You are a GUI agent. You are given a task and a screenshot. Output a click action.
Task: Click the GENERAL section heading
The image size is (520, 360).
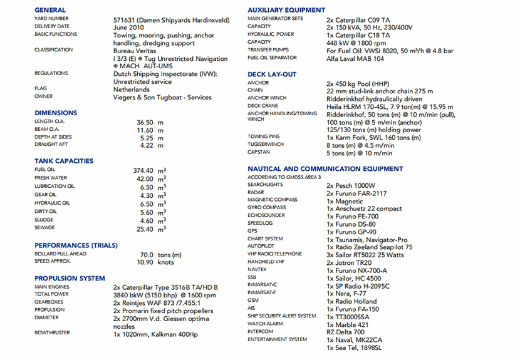50,10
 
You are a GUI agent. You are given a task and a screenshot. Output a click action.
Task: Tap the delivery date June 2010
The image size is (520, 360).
129,28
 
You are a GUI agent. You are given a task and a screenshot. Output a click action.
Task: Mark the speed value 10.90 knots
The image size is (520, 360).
154,263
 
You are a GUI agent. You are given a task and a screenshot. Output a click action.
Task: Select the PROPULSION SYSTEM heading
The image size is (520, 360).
70,278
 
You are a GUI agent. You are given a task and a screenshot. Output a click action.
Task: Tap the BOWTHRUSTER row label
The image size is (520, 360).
53,332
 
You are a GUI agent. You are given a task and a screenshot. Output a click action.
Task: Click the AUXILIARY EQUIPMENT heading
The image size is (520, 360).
286,10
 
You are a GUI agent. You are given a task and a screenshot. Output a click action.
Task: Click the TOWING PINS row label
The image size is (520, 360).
264,136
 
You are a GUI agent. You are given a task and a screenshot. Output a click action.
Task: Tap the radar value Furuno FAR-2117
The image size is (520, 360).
356,193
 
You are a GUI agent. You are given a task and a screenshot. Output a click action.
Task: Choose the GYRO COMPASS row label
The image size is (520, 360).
266,207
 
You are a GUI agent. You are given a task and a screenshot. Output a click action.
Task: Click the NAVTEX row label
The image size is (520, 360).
257,269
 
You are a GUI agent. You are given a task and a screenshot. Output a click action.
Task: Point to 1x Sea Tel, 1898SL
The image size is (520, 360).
354,348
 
